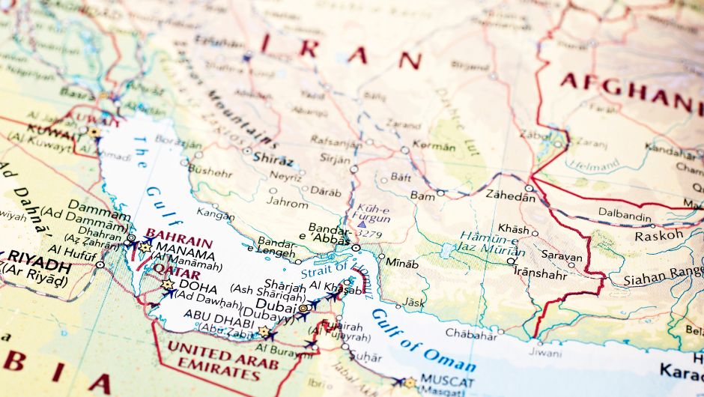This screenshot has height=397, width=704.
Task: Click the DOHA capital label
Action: [199, 288]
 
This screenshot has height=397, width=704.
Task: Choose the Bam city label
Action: [422, 196]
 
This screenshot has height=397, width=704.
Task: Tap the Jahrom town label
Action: [288, 203]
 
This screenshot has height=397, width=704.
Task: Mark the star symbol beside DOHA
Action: [168, 285]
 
